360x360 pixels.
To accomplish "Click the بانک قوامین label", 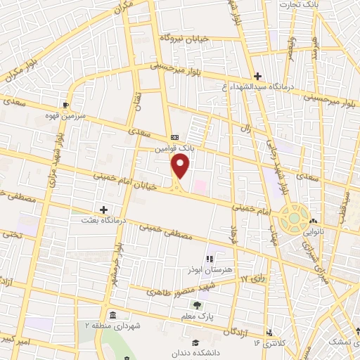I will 175,148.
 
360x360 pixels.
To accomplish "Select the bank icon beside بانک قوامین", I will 174,137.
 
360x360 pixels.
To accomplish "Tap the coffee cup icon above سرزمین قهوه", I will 66,106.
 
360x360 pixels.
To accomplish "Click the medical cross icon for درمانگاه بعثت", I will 104,210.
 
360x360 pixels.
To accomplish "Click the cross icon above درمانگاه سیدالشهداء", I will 257,76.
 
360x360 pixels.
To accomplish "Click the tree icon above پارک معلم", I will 198,305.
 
